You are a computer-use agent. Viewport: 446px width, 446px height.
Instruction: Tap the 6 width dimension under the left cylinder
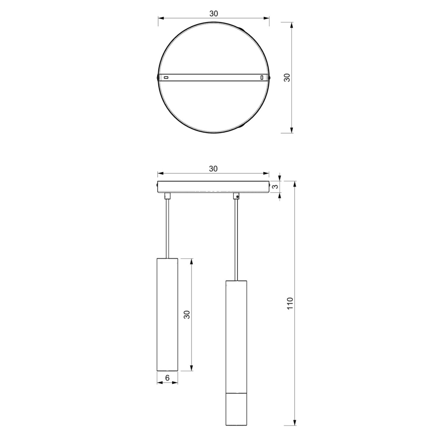tap(167, 378)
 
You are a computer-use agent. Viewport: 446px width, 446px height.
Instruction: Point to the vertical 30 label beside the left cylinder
tap(187, 314)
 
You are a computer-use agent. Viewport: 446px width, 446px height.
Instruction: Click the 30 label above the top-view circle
tap(213, 14)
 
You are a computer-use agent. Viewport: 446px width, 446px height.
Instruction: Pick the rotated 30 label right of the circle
tap(287, 78)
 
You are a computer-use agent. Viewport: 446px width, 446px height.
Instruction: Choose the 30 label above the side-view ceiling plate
tap(213, 168)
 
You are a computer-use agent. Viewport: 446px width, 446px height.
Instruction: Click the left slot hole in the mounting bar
tap(165, 78)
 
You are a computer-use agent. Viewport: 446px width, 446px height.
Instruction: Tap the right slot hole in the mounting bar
tap(262, 78)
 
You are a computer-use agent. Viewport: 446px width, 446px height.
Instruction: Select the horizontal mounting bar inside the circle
tap(213, 78)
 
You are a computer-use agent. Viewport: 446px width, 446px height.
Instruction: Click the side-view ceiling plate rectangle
tap(213, 187)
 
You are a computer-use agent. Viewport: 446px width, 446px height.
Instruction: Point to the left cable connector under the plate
tap(167, 196)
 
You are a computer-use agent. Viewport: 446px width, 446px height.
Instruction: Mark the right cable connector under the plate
tap(236, 196)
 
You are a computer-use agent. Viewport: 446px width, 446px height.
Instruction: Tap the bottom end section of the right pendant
tap(236, 409)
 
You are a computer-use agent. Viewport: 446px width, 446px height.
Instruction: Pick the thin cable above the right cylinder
tap(236, 239)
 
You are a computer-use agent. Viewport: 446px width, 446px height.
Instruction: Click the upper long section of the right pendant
tap(236, 337)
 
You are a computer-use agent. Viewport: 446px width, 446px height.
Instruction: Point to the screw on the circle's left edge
tap(157, 78)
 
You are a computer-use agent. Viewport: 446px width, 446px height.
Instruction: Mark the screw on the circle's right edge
tap(270, 78)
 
